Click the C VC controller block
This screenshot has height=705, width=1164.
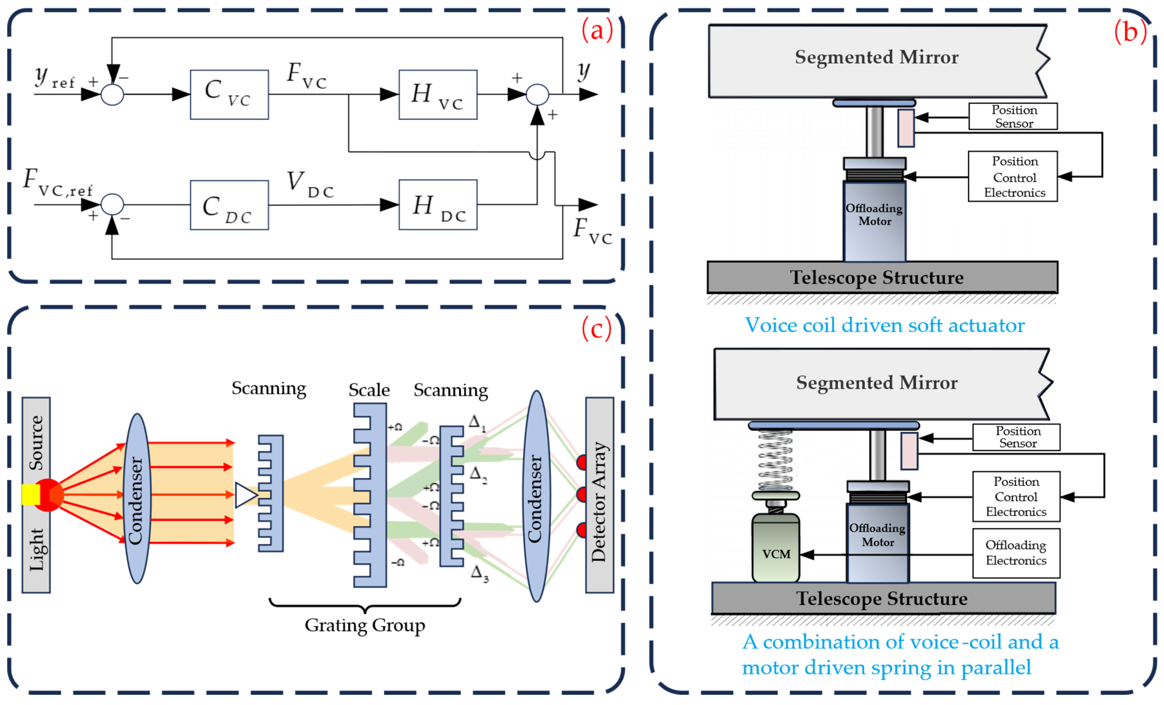(229, 95)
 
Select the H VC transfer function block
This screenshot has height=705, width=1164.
(438, 95)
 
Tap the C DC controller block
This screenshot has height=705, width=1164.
(229, 205)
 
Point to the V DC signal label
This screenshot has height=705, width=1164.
(310, 184)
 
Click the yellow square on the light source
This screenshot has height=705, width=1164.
(31, 494)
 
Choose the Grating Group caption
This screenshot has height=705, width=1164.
(365, 625)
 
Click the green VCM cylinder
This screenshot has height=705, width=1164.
(776, 548)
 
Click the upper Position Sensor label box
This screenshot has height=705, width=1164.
(1013, 116)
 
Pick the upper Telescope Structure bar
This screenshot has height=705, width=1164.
(882, 278)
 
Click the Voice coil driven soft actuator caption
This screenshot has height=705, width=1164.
(884, 325)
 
